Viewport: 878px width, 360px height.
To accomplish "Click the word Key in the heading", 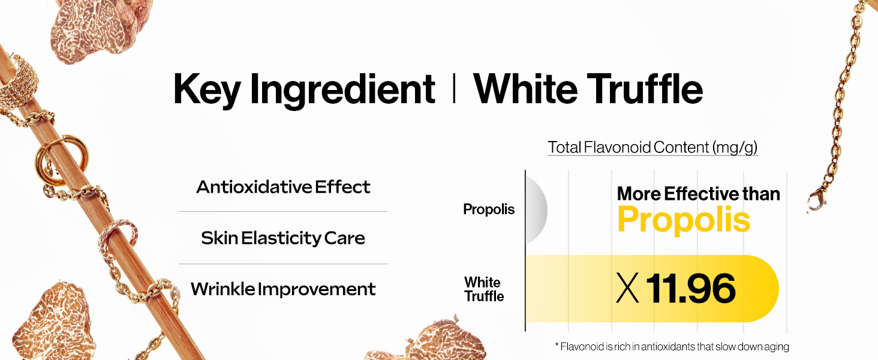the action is (x=207, y=90).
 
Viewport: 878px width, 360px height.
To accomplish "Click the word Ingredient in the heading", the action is (x=342, y=90).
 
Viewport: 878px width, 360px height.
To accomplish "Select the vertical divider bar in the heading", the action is (x=454, y=89).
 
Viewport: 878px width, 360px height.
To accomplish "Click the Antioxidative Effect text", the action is (x=283, y=187).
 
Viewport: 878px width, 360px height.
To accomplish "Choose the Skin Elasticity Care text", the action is (x=283, y=238).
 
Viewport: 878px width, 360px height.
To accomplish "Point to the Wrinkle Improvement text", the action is (x=283, y=289).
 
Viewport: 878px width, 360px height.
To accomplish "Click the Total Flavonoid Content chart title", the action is (x=653, y=148).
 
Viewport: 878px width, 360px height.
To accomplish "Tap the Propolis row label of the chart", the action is (x=489, y=209).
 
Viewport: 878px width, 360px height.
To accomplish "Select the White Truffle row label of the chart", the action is (x=484, y=289).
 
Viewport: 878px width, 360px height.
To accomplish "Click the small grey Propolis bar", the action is (x=536, y=210).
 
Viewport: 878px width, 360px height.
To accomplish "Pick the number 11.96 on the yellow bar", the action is (x=691, y=289).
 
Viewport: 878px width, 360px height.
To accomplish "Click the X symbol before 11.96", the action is (x=627, y=288).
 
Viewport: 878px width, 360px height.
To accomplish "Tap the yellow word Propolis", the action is (x=684, y=220).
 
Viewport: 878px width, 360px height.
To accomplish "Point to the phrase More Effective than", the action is (x=699, y=194).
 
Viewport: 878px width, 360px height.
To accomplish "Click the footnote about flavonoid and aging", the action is (x=672, y=347).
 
